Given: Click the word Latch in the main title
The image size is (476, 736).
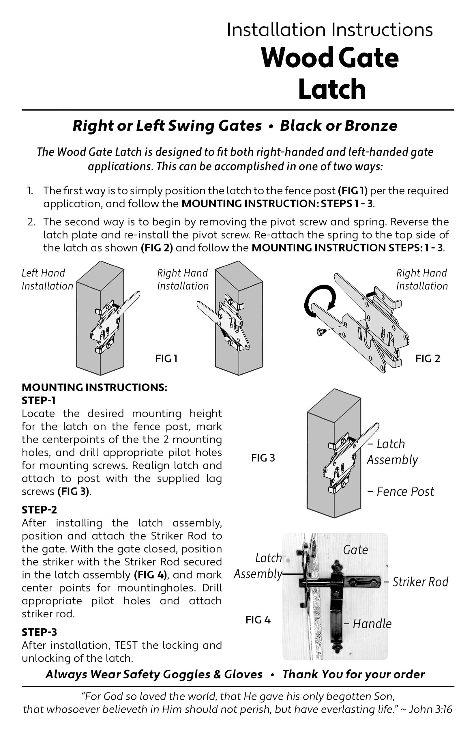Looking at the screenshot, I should tap(332, 89).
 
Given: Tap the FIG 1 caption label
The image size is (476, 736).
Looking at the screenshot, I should tap(166, 359).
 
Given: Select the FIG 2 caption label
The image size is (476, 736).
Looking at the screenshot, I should tap(428, 359).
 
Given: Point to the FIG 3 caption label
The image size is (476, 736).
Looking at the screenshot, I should tap(263, 458).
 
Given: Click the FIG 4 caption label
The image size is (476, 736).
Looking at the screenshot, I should tap(258, 620).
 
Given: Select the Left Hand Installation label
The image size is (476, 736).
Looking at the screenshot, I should tap(47, 280).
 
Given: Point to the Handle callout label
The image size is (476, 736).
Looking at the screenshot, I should tap(372, 624).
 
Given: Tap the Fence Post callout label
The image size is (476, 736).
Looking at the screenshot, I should tap(405, 492).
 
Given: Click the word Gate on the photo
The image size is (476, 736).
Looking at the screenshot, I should tap(355, 550).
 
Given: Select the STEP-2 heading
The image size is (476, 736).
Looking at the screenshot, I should tap(39, 510).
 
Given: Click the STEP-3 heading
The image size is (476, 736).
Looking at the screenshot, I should tap(39, 632).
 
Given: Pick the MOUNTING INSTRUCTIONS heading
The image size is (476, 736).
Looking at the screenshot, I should tap(94, 387).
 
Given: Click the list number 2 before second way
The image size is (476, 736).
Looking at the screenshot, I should tap(31, 222).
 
